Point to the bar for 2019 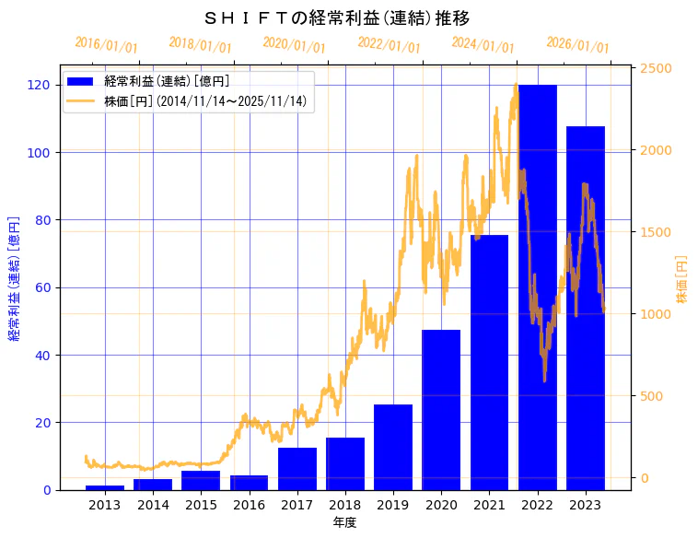tap(393, 447)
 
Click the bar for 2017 tap(297, 469)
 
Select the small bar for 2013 tap(104, 487)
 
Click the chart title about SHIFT tap(337, 18)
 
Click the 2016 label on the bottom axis tap(249, 506)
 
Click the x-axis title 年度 tap(344, 522)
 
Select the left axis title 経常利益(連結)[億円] tap(15, 278)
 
